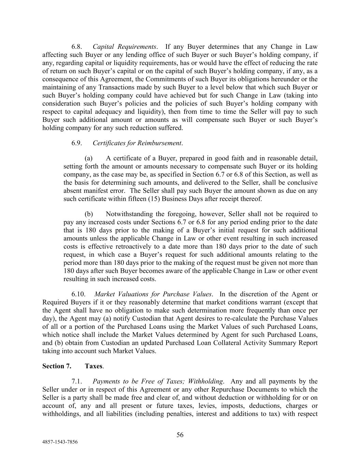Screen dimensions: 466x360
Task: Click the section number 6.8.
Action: (x=77, y=47)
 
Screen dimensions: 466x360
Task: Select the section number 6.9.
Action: (x=77, y=143)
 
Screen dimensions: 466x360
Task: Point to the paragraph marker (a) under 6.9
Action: (x=89, y=158)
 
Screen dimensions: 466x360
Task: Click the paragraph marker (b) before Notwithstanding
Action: (x=89, y=214)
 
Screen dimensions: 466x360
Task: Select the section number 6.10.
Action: (x=78, y=294)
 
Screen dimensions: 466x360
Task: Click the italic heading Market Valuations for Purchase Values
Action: (x=153, y=294)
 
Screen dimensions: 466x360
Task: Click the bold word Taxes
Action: (x=93, y=366)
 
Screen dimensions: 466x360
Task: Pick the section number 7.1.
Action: (x=77, y=381)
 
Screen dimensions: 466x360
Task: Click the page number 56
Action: (x=180, y=435)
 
